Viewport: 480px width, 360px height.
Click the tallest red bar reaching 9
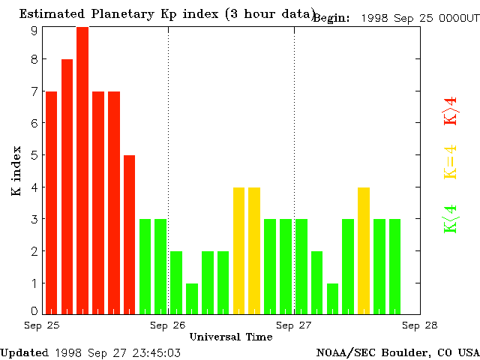[82, 169]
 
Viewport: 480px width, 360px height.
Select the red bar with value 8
[67, 186]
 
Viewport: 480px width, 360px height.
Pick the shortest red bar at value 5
[129, 234]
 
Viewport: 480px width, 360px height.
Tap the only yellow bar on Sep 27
[364, 250]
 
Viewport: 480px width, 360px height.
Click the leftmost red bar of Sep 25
[51, 202]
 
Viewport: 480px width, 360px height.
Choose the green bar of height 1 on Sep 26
[192, 298]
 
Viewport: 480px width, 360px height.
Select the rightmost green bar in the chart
[394, 265]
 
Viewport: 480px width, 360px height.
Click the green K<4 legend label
[450, 219]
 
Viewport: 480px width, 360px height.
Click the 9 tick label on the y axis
[34, 30]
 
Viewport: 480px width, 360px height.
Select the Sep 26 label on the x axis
[168, 325]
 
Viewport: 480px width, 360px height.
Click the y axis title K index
[16, 170]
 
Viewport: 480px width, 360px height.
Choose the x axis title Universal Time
[230, 337]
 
